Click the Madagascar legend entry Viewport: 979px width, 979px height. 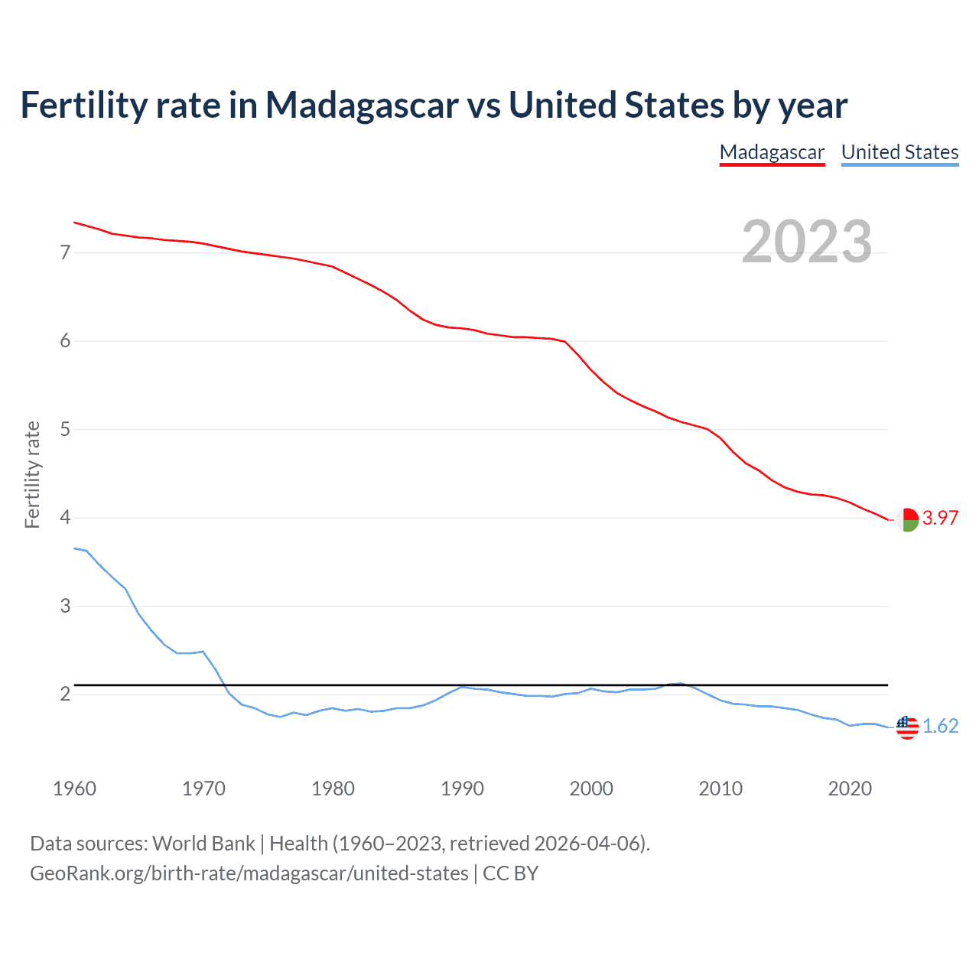pyautogui.click(x=772, y=152)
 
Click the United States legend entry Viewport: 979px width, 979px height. pyautogui.click(x=899, y=152)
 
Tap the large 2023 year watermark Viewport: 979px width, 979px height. pyautogui.click(x=807, y=242)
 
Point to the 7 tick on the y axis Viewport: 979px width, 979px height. pyautogui.click(x=65, y=252)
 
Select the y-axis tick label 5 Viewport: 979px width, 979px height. pyautogui.click(x=65, y=429)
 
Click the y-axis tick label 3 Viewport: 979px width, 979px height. pyautogui.click(x=65, y=606)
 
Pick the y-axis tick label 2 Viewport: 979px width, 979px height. pyautogui.click(x=65, y=694)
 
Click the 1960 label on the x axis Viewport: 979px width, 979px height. pyautogui.click(x=74, y=789)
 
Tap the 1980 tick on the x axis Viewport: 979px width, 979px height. pyautogui.click(x=333, y=789)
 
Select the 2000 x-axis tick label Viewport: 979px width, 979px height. pyautogui.click(x=591, y=789)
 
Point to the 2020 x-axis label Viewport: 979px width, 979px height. pyautogui.click(x=850, y=789)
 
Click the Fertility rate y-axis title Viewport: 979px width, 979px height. pyautogui.click(x=32, y=474)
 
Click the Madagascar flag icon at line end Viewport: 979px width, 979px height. pyautogui.click(x=907, y=519)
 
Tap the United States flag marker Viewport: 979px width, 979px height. pyautogui.click(x=907, y=727)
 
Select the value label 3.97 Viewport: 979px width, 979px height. pyautogui.click(x=940, y=518)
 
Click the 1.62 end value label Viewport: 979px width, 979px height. pyautogui.click(x=940, y=726)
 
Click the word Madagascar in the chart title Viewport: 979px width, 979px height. pyautogui.click(x=361, y=105)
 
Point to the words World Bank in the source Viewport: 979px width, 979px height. pyautogui.click(x=203, y=844)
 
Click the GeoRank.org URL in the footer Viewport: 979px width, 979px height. pyautogui.click(x=249, y=873)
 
